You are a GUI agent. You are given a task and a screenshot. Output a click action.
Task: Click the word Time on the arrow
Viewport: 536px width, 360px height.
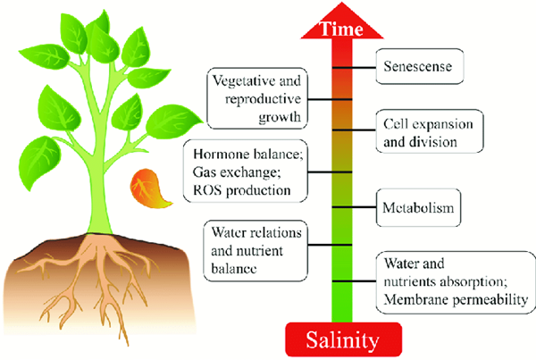(x=343, y=27)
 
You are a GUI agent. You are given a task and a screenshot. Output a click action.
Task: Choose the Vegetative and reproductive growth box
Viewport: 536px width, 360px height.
(x=255, y=98)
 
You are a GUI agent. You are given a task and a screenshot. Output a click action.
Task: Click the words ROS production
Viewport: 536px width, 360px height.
(x=243, y=191)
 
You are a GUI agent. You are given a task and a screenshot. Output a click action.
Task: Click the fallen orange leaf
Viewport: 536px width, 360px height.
(x=146, y=187)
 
